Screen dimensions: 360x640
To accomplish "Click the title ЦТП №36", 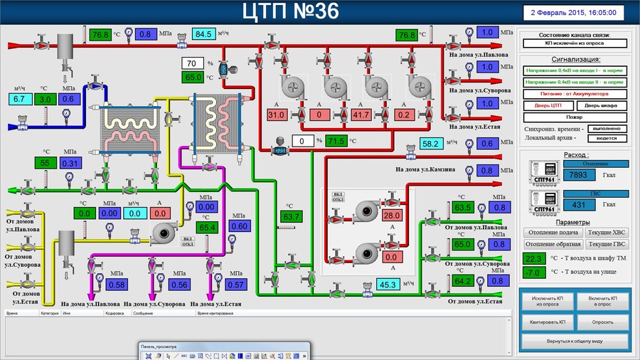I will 291,11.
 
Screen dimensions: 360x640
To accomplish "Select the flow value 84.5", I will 204,33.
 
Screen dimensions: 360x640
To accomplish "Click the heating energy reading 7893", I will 580,175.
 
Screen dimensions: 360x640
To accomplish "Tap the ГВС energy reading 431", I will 580,206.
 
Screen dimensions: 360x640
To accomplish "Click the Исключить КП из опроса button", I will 547,302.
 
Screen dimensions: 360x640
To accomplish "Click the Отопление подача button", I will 552,233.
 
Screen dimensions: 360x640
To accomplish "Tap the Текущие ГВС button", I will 606,244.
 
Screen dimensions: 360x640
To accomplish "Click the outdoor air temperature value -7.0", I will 533,272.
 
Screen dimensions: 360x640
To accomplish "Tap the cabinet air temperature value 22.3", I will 533,258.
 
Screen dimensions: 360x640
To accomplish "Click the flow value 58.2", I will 431,144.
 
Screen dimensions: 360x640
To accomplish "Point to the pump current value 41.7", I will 361,115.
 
